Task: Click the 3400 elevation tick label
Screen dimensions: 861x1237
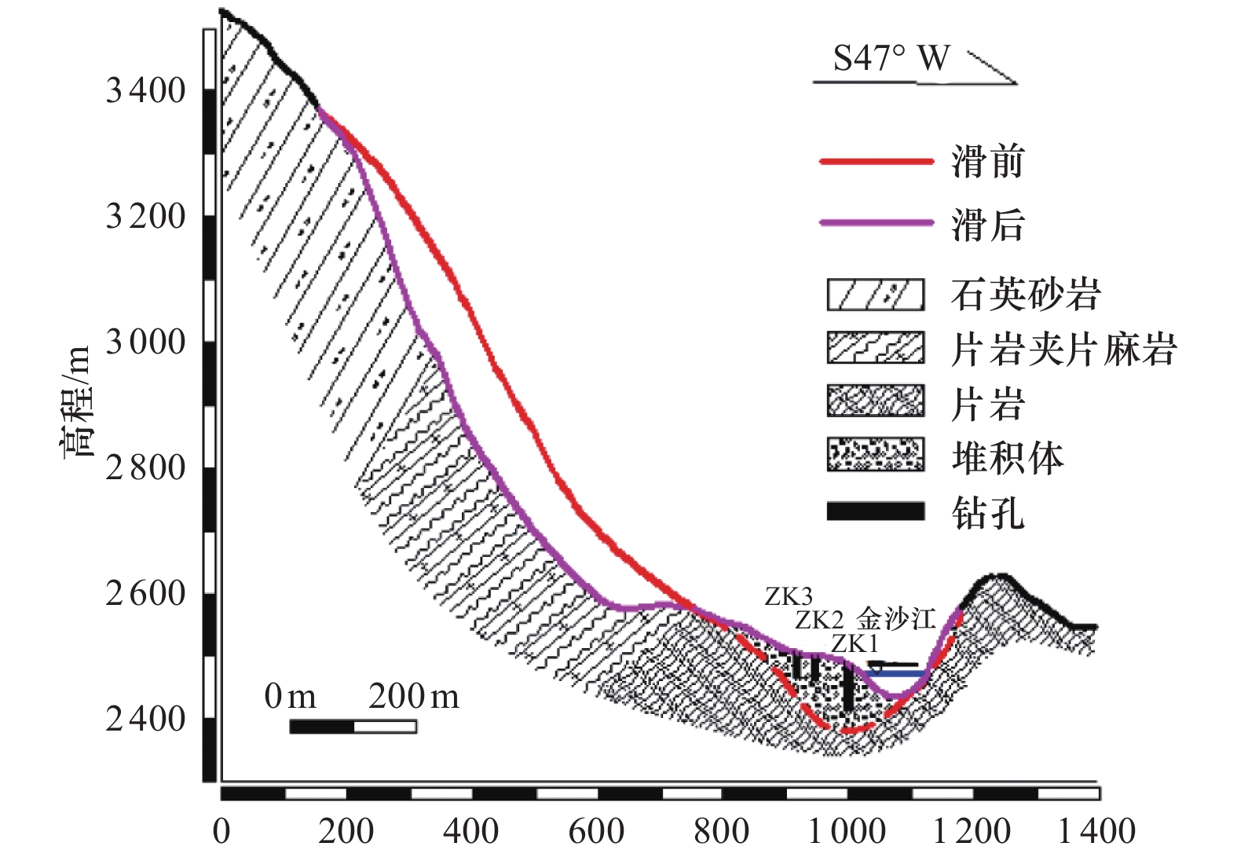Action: [x=145, y=91]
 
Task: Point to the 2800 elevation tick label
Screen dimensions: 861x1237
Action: [x=145, y=468]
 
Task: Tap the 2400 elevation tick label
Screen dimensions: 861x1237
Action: [x=145, y=720]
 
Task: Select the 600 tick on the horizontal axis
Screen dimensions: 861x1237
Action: [x=596, y=831]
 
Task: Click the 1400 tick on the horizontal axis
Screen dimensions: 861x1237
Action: [x=1096, y=831]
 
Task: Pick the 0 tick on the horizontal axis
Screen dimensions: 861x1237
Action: [x=221, y=831]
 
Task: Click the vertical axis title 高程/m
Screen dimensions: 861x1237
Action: [x=77, y=401]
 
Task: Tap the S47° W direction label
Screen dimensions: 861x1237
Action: [x=891, y=58]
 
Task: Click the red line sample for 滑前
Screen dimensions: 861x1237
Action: [x=876, y=162]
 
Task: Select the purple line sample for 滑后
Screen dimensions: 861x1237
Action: [x=876, y=223]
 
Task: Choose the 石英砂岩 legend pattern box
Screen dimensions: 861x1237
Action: [x=875, y=295]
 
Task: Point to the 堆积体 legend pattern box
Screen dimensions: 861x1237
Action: [x=875, y=456]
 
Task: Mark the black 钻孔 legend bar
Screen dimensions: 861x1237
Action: [x=875, y=512]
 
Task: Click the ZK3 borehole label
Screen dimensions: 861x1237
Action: [x=789, y=597]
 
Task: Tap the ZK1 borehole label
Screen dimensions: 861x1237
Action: [x=854, y=644]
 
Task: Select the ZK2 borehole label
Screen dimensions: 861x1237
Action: [x=818, y=621]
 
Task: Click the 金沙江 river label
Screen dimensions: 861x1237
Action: [x=896, y=619]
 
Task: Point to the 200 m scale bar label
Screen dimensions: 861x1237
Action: [x=413, y=697]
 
